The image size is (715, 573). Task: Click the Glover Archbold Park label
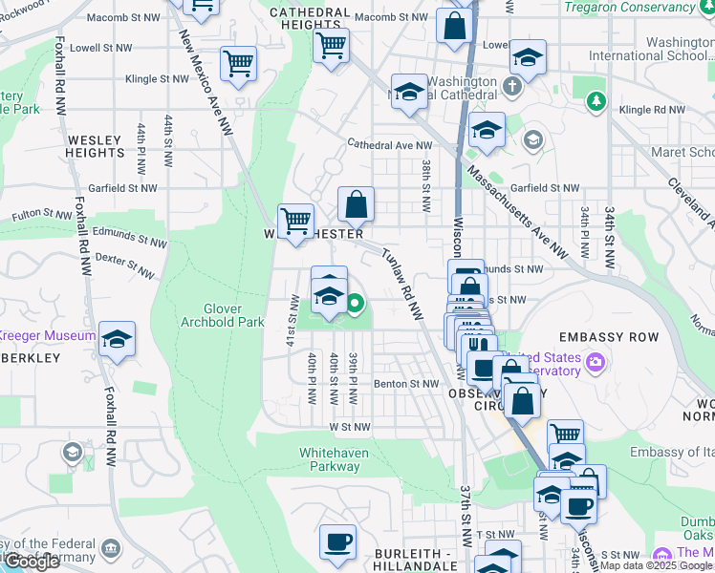pyautogui.click(x=222, y=315)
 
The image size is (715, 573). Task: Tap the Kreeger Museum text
pyautogui.click(x=46, y=336)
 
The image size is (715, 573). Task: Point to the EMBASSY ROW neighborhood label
pyautogui.click(x=608, y=338)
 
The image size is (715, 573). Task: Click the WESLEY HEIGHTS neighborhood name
pyautogui.click(x=95, y=146)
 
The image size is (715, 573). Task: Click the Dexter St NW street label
pyautogui.click(x=124, y=265)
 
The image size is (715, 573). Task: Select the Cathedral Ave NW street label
pyautogui.click(x=390, y=145)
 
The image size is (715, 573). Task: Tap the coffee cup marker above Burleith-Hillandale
pyautogui.click(x=337, y=541)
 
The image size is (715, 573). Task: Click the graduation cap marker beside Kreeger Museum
pyautogui.click(x=117, y=339)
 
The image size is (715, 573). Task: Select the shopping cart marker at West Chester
pyautogui.click(x=296, y=222)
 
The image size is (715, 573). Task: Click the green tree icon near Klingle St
pyautogui.click(x=596, y=100)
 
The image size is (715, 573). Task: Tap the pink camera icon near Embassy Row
pyautogui.click(x=596, y=362)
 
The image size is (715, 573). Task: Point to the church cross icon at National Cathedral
pyautogui.click(x=511, y=87)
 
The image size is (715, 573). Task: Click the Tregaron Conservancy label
pyautogui.click(x=642, y=8)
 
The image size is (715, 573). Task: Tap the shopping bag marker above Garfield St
pyautogui.click(x=356, y=203)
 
